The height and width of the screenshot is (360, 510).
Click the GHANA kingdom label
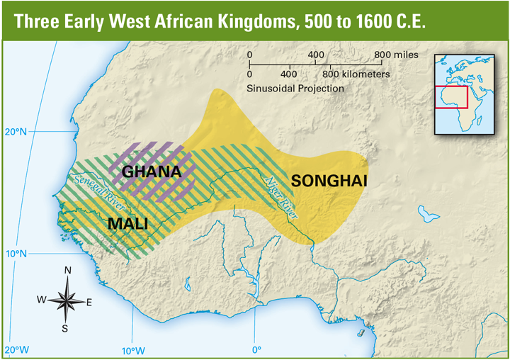tap(152, 171)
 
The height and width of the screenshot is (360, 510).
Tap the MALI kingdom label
tap(127, 225)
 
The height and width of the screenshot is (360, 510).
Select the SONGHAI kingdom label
tap(329, 181)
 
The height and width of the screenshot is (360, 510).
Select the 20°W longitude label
tap(16, 350)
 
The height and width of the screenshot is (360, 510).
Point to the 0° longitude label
tap(256, 350)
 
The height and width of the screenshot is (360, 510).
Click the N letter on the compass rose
tap(68, 270)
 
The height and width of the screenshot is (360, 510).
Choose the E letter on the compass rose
tap(89, 303)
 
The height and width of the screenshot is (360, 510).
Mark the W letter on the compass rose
tap(42, 300)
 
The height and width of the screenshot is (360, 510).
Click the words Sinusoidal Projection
tap(295, 89)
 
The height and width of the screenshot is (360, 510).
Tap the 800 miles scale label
tap(396, 55)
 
